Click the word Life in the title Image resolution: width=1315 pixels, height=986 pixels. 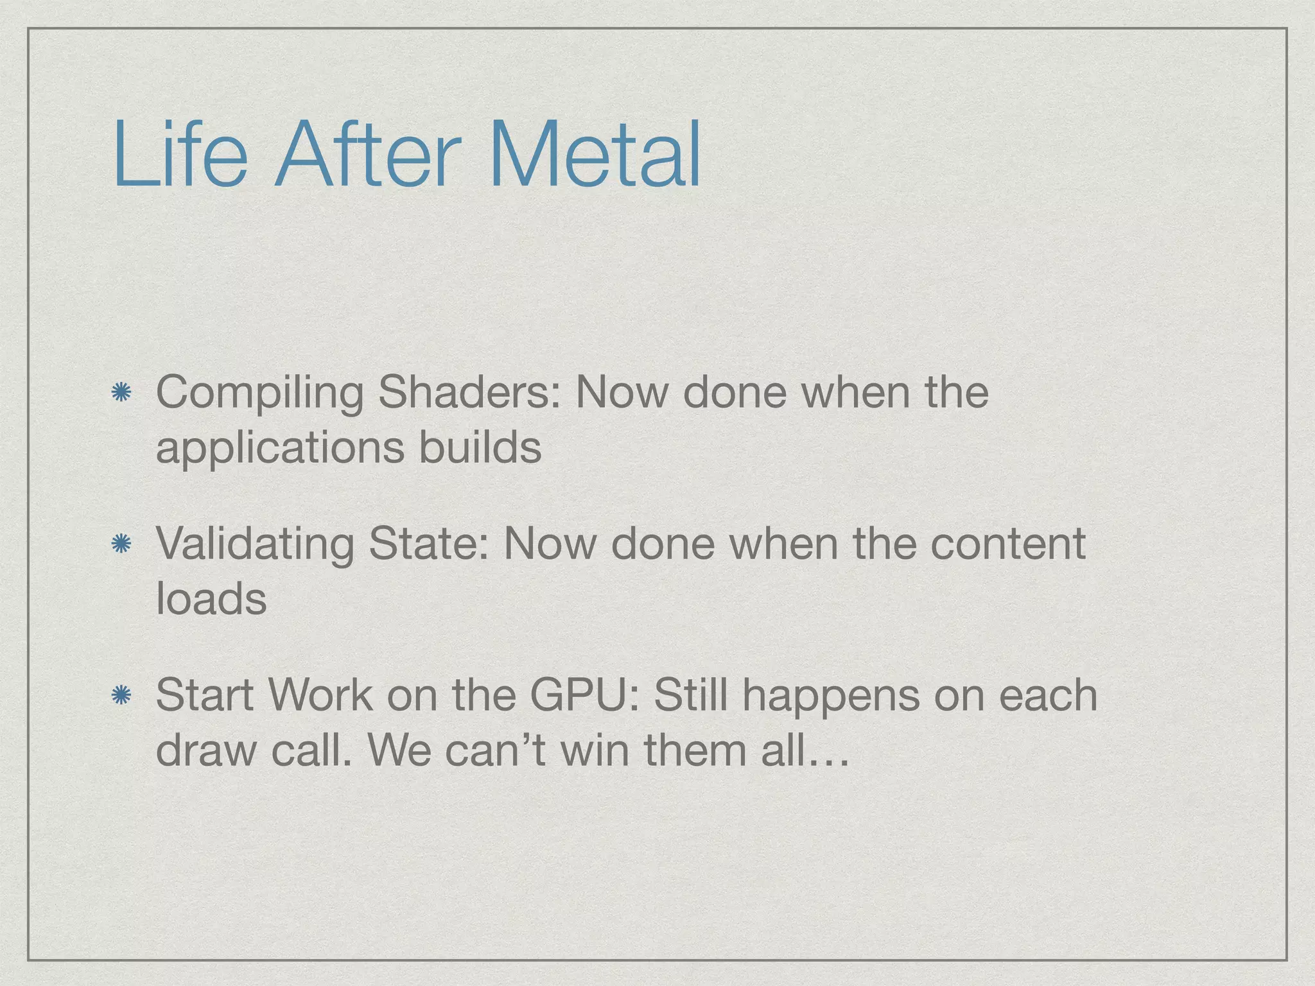pyautogui.click(x=180, y=155)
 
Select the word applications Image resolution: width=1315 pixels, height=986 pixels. pyautogui.click(x=280, y=447)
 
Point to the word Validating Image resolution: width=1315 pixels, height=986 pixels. pyautogui.click(x=254, y=544)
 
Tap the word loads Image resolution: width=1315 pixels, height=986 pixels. pyautogui.click(x=211, y=598)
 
